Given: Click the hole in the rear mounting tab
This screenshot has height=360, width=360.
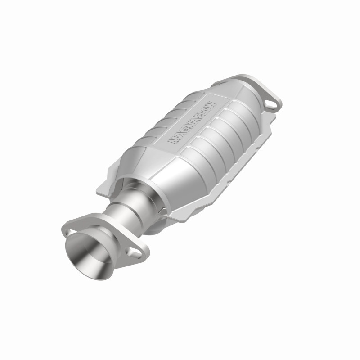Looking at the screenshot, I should [271, 104].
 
